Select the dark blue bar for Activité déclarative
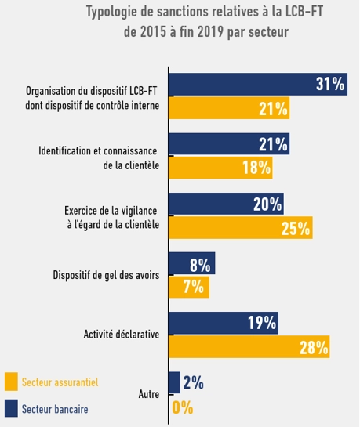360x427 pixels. (x=224, y=322)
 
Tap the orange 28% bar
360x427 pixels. (x=249, y=346)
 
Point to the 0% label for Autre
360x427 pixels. (x=182, y=407)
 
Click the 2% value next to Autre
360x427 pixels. (x=193, y=383)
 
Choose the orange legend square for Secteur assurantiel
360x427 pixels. (x=11, y=382)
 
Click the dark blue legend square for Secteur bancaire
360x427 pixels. (x=11, y=408)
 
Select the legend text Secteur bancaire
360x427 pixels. (x=55, y=409)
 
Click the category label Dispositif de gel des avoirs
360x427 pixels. (x=106, y=275)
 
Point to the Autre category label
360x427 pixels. (x=149, y=395)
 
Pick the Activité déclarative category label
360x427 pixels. (x=122, y=335)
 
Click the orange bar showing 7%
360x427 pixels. (x=189, y=287)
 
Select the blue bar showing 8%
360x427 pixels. (x=192, y=263)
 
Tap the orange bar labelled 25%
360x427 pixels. (x=241, y=228)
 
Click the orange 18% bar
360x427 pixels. (x=223, y=167)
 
